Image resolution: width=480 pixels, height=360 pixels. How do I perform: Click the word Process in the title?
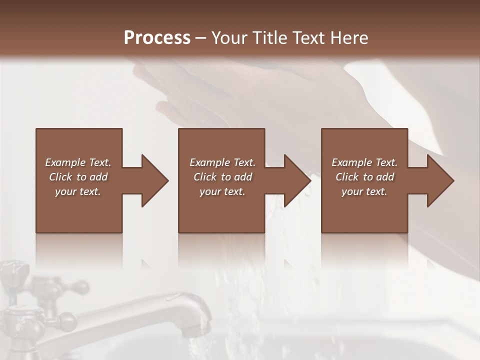pyautogui.click(x=157, y=38)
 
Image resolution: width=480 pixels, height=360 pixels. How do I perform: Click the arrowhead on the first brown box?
pyautogui.click(x=152, y=180)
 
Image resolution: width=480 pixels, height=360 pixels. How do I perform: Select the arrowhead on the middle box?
pyautogui.click(x=295, y=180)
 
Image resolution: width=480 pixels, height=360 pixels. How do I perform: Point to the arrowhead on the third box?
pyautogui.click(x=438, y=180)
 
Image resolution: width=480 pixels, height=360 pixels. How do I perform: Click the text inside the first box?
pyautogui.click(x=78, y=177)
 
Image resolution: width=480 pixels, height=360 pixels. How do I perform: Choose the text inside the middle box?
pyautogui.click(x=222, y=177)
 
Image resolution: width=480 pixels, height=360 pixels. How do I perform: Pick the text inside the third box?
pyautogui.click(x=364, y=177)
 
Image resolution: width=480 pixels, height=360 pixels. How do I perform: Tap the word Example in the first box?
pyautogui.click(x=65, y=162)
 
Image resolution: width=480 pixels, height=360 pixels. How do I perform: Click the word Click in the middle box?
pyautogui.click(x=204, y=177)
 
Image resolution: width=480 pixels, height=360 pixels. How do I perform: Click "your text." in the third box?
pyautogui.click(x=364, y=191)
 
